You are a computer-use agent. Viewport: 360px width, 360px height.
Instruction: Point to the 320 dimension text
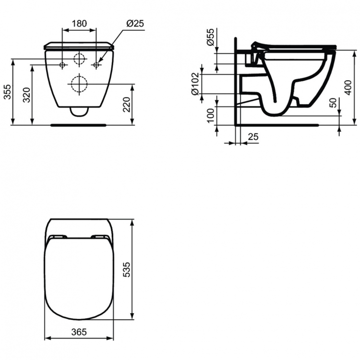point(27,95)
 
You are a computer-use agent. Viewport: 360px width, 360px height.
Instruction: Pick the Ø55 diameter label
point(210,36)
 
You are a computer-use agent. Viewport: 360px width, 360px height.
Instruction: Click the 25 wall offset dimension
point(253,137)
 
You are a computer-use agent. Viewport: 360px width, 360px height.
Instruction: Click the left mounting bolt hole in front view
point(62,65)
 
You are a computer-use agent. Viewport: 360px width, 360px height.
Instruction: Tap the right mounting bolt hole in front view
point(96,65)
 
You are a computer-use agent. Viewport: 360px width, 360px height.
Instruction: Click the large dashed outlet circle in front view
point(78,84)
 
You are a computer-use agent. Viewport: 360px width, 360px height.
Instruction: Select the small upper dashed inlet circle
point(79,59)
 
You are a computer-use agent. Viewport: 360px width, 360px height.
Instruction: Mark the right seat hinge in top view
point(100,237)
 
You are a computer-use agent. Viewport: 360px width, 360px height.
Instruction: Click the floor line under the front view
point(78,125)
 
